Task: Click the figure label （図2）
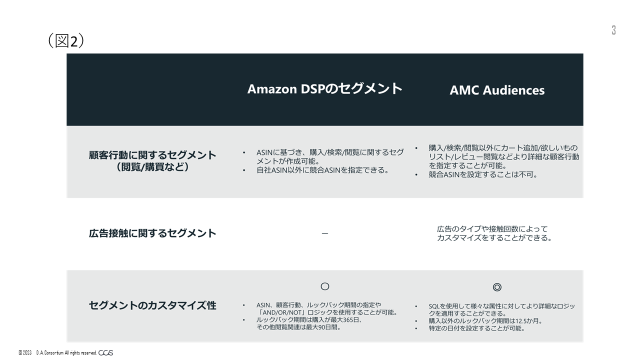tap(66, 41)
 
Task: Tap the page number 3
tap(613, 30)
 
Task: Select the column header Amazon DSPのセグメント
tap(325, 88)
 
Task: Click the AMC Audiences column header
tap(497, 90)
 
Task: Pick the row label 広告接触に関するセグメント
tap(152, 233)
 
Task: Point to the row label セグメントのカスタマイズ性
tap(152, 305)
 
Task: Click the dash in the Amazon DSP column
tap(325, 233)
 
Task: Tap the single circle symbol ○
tap(325, 286)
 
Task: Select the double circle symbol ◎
tap(497, 287)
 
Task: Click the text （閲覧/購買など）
tap(152, 167)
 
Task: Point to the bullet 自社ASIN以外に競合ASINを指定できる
tap(323, 170)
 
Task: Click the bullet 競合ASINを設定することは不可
tap(483, 174)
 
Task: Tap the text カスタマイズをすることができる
tap(494, 238)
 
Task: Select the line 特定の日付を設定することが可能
tap(477, 328)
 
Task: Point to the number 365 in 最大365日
tap(347, 320)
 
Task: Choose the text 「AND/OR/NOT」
tap(280, 312)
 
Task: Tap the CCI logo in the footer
tap(105, 353)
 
